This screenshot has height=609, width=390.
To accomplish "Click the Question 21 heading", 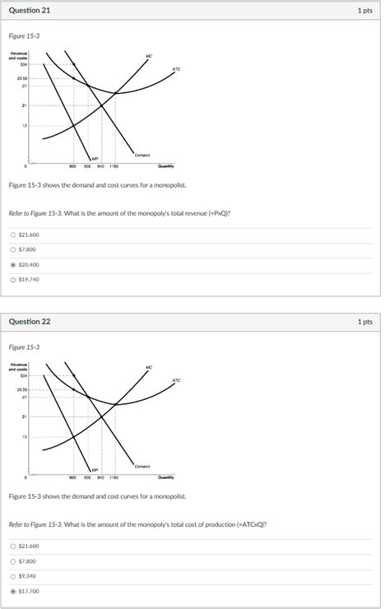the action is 29,11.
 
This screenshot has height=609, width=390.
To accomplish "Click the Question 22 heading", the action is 29,322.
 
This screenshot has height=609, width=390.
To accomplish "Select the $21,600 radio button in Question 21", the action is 13,235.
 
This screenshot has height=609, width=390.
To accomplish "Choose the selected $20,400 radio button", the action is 13,265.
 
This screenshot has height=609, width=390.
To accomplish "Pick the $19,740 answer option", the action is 13,280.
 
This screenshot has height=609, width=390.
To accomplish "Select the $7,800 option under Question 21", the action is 13,250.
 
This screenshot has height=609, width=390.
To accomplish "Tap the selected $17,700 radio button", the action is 13,591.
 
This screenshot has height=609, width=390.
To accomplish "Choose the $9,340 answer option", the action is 13,576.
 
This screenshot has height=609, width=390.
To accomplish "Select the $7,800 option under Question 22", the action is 13,561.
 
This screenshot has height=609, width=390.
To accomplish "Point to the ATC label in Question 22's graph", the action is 176,380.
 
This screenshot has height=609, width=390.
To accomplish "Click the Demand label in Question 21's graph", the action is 143,155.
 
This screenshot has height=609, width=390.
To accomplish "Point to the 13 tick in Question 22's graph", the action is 25,437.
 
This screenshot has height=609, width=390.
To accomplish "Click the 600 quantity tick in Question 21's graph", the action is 73,165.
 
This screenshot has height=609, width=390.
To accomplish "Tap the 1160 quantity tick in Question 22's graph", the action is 114,477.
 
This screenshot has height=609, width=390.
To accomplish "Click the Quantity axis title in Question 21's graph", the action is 165,165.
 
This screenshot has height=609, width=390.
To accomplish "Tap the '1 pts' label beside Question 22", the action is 365,322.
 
